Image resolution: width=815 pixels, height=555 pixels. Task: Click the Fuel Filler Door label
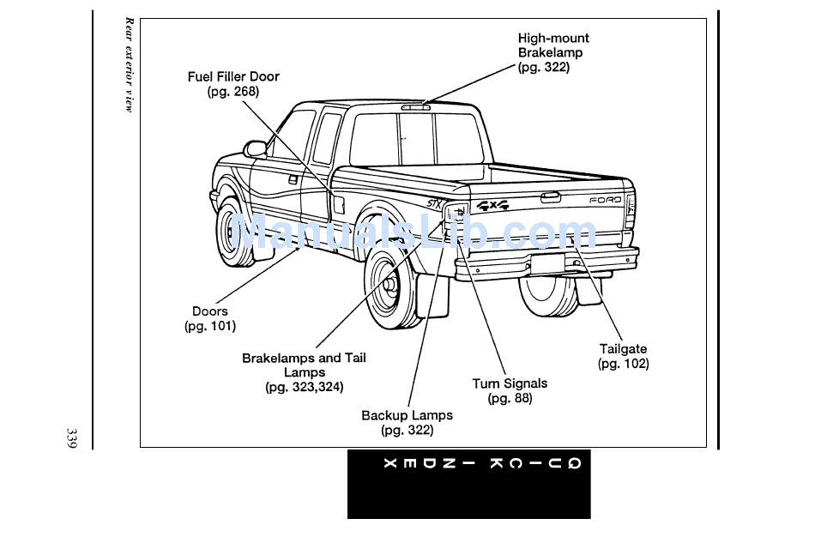[233, 84]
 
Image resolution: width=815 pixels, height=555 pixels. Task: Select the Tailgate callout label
[623, 356]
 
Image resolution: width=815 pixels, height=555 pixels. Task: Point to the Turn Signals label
[510, 391]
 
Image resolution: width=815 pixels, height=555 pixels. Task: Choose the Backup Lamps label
[407, 423]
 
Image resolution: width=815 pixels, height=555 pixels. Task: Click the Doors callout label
[210, 318]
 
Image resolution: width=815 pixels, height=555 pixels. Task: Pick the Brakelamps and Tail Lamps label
[304, 372]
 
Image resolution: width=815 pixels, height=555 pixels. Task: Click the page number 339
[71, 438]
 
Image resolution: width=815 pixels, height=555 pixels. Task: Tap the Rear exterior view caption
[129, 65]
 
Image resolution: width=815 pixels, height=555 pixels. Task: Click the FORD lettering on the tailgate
[605, 200]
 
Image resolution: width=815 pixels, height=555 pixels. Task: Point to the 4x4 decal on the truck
[492, 205]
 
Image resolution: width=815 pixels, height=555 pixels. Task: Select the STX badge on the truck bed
[435, 203]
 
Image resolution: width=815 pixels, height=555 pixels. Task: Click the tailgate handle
[550, 197]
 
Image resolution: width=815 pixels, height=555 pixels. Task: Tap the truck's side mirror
[255, 149]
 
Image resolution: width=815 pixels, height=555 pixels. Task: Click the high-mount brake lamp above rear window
[415, 107]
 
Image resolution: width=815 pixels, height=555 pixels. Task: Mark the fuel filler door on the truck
[338, 203]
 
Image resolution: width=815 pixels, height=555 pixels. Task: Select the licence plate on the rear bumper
[547, 263]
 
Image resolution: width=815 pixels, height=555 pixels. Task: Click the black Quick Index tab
[468, 484]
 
